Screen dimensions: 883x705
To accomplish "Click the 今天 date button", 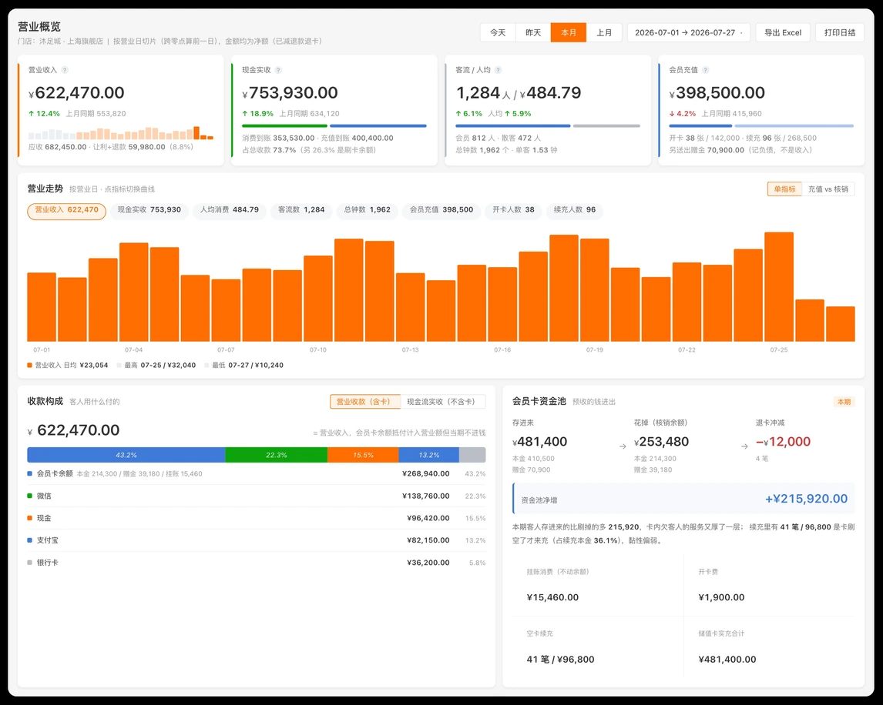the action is point(498,32).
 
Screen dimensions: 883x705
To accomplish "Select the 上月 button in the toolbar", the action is point(604,32).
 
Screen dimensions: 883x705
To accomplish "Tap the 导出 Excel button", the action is point(783,32).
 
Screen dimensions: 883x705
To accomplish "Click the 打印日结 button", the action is point(840,32).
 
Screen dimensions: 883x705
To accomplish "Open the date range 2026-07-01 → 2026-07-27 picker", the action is point(689,32).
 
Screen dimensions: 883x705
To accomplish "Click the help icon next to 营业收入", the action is point(65,70).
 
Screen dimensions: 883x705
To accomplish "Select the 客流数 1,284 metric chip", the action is point(301,210).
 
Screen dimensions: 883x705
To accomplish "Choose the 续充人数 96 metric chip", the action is point(574,210).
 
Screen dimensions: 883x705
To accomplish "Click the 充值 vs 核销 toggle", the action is point(828,189).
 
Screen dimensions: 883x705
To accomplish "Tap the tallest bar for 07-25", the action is point(779,287).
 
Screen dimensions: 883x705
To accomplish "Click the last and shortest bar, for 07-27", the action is point(840,324).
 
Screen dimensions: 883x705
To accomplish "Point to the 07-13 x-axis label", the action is point(411,350).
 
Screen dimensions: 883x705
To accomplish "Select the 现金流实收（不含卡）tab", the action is point(442,402).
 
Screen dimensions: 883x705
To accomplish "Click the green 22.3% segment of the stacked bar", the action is point(276,455).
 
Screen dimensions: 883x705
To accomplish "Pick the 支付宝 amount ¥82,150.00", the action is point(428,540).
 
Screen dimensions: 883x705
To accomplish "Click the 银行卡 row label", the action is point(47,563).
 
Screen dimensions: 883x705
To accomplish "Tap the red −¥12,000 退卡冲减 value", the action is point(783,442).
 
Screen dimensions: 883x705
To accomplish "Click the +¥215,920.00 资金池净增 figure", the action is point(806,499).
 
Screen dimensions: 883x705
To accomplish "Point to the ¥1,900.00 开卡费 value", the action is point(721,597).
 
